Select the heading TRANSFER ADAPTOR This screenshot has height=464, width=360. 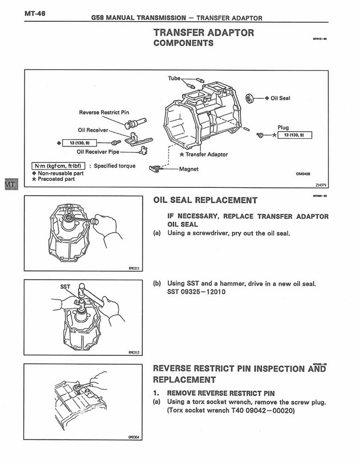pos(204,33)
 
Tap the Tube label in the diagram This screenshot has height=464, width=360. pos(174,78)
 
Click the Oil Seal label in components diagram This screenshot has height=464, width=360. pos(280,98)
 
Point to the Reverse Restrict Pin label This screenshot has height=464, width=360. pos(104,112)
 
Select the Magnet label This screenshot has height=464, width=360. pos(188,169)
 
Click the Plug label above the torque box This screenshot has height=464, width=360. pos(283,128)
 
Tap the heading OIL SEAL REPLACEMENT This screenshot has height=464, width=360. pos(205,200)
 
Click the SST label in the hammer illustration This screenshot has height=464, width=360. pos(65,287)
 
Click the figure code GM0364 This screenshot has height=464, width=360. pos(134,437)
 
